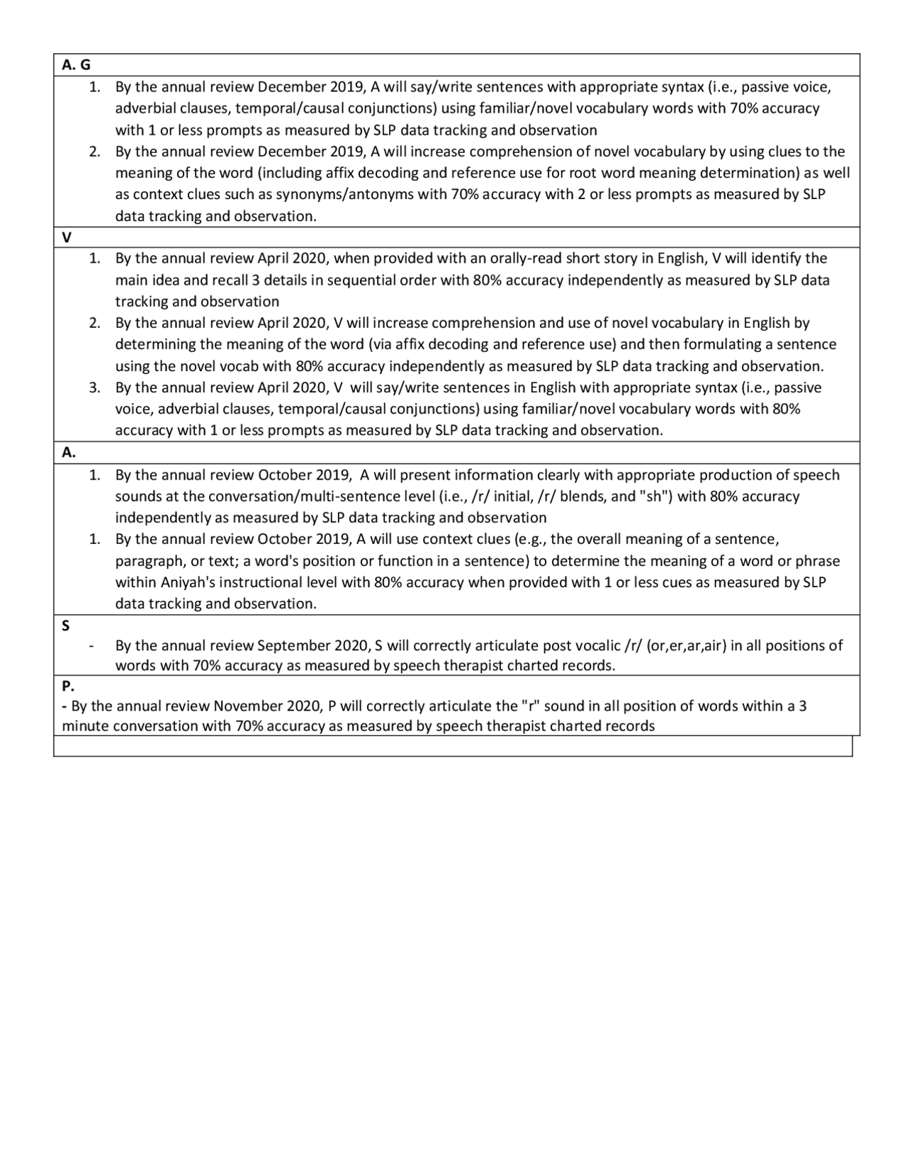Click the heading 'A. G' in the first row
coord(76,65)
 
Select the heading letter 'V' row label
coord(66,237)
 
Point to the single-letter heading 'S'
coord(66,625)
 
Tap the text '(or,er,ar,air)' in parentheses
coord(685,645)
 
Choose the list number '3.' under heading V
coord(94,387)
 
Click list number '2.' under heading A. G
coord(94,152)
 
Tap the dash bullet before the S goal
coord(91,646)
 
